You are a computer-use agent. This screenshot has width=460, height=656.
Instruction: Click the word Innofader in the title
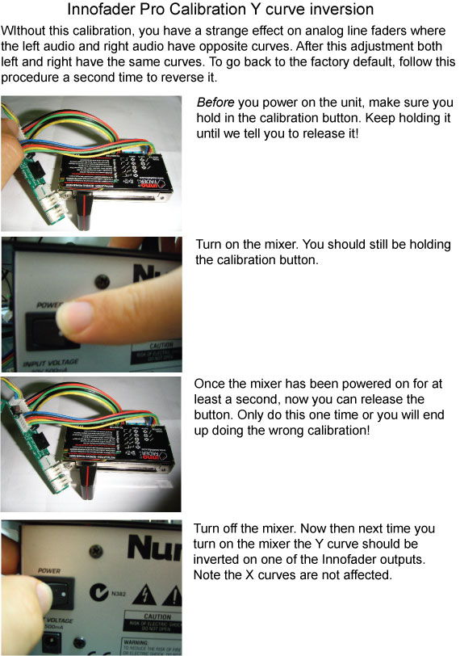[95, 9]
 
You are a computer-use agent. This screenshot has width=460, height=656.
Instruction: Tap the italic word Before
[215, 103]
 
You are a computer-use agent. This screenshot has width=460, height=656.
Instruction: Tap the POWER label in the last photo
[49, 570]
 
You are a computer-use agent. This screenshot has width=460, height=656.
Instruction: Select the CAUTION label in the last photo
[157, 616]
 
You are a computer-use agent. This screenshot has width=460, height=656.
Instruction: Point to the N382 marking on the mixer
[119, 594]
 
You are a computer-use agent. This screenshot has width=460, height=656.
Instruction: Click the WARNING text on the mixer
[136, 642]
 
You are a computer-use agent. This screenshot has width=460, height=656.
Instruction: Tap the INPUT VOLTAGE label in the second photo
[51, 363]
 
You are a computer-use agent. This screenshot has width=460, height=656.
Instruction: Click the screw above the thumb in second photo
[102, 282]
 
